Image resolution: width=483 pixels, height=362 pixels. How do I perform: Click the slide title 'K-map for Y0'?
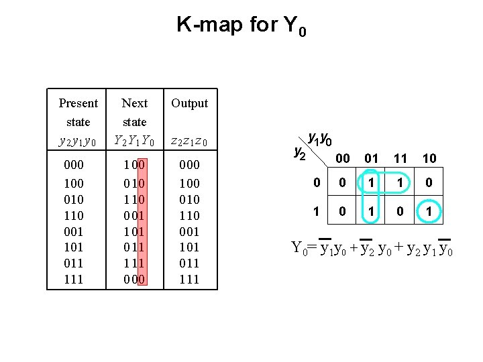tap(241, 26)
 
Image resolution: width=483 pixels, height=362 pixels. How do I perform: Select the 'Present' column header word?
tap(78, 103)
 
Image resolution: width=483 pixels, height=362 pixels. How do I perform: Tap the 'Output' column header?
tap(189, 103)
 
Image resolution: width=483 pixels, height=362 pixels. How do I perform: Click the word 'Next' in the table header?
tap(134, 103)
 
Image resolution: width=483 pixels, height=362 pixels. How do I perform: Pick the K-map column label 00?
tap(342, 158)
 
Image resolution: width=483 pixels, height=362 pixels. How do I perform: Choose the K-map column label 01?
tap(371, 158)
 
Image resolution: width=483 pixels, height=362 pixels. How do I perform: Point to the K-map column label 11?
tap(400, 158)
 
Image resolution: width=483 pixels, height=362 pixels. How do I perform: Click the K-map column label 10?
tap(429, 158)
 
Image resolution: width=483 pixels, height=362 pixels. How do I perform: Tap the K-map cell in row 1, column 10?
tap(429, 212)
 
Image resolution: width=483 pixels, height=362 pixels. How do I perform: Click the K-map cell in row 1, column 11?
tap(400, 212)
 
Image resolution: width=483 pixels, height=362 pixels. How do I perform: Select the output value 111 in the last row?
tap(189, 279)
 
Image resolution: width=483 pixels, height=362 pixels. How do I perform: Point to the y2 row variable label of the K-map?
tap(300, 153)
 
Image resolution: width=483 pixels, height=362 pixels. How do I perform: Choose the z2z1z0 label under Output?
tap(189, 141)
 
